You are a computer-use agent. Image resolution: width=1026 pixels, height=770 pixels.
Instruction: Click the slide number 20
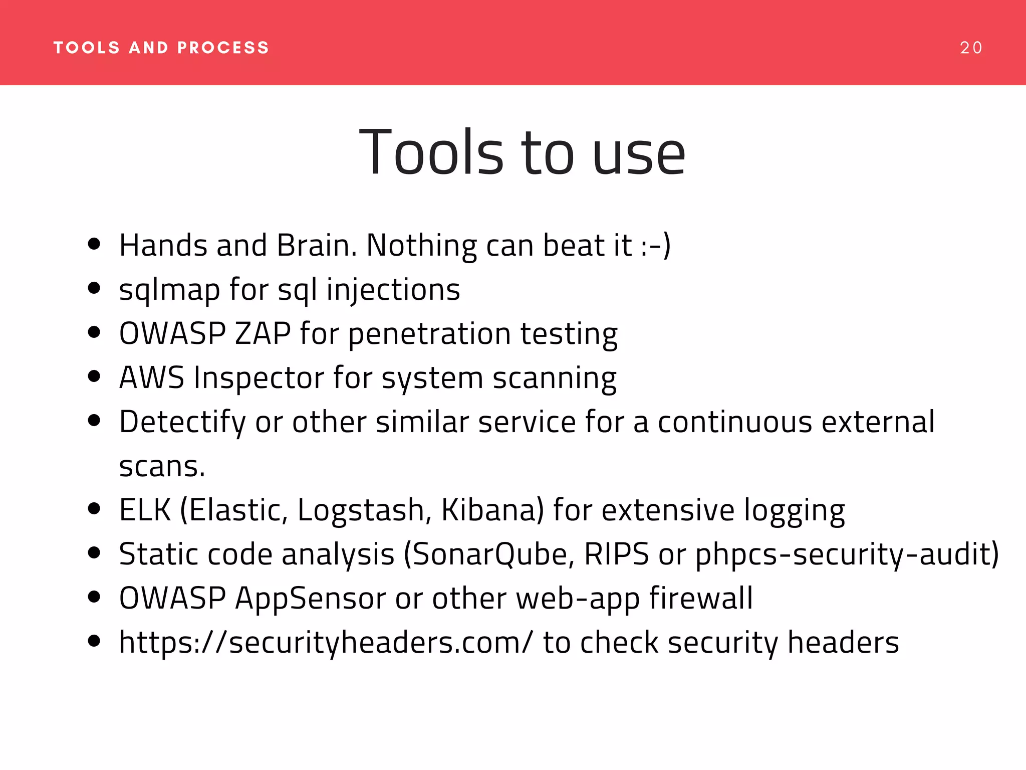pyautogui.click(x=971, y=48)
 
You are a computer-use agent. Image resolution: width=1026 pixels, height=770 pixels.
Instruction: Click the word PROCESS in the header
pyautogui.click(x=223, y=48)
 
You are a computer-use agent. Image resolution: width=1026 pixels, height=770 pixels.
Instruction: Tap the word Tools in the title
pyautogui.click(x=431, y=152)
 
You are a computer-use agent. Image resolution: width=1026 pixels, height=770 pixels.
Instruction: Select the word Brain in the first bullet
pyautogui.click(x=317, y=246)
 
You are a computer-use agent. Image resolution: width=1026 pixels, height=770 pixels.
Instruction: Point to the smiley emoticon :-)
pyautogui.click(x=656, y=246)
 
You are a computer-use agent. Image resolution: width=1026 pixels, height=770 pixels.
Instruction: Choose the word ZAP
pyautogui.click(x=263, y=334)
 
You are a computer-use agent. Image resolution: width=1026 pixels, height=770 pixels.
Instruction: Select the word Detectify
pyautogui.click(x=182, y=423)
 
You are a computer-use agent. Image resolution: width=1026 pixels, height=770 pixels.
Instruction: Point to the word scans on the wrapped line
pyautogui.click(x=161, y=467)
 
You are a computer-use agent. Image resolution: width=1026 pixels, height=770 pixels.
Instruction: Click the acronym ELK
pyautogui.click(x=145, y=510)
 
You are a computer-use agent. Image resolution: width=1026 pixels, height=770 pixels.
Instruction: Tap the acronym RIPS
pyautogui.click(x=616, y=554)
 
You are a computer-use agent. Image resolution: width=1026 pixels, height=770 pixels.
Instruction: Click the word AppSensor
pyautogui.click(x=310, y=599)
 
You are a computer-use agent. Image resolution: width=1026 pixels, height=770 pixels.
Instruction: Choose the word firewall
pyautogui.click(x=701, y=598)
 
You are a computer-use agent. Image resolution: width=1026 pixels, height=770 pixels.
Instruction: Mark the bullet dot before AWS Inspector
pyautogui.click(x=94, y=376)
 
